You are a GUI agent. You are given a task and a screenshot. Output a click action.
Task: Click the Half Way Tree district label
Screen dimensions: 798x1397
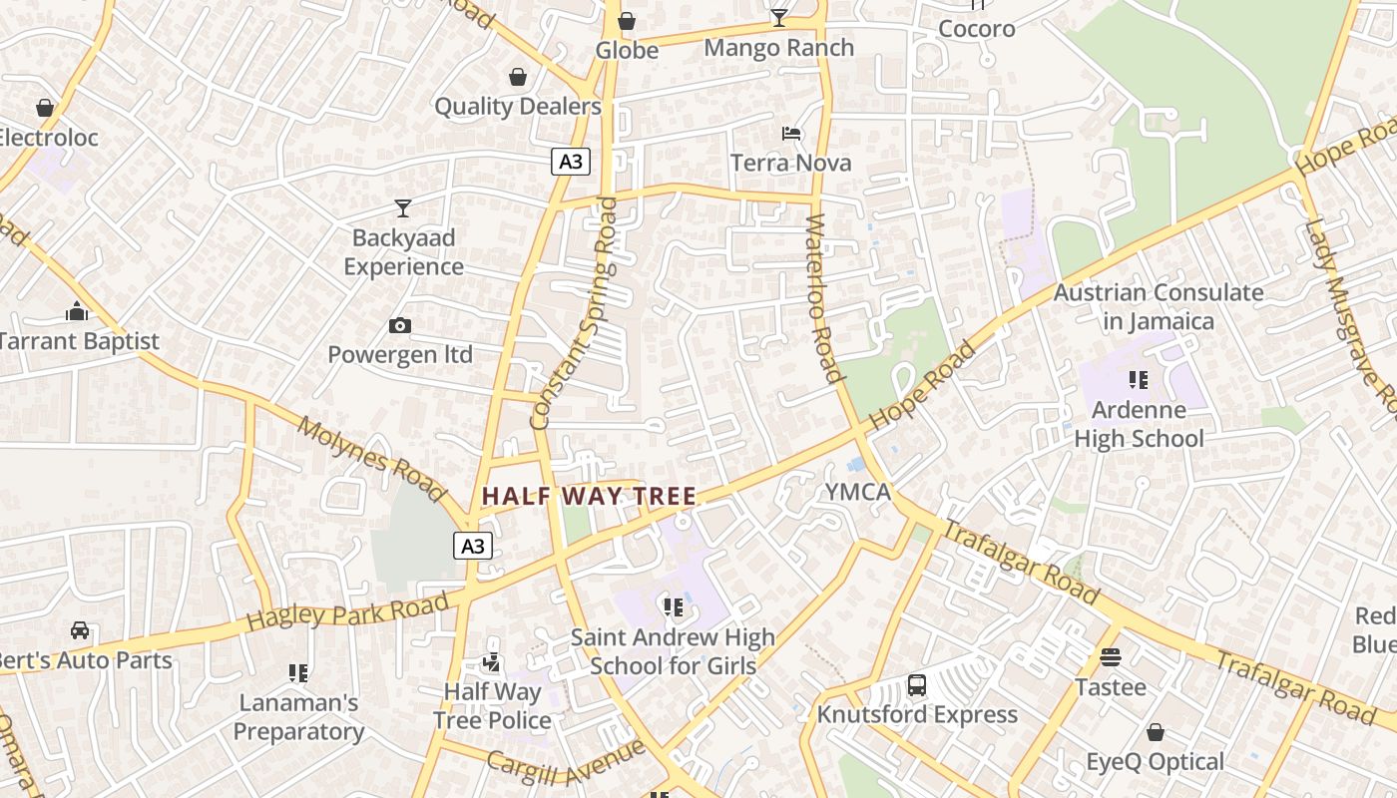tap(589, 496)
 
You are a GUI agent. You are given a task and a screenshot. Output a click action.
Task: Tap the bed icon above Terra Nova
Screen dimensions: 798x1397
tap(791, 133)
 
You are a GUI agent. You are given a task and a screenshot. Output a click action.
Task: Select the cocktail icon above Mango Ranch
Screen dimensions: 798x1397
tap(778, 18)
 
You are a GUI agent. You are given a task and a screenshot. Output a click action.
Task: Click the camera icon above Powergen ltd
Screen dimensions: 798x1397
tap(400, 325)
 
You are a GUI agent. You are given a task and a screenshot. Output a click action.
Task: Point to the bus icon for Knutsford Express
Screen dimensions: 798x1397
tap(916, 685)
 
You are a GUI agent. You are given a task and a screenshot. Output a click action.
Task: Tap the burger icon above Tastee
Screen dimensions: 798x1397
tap(1110, 657)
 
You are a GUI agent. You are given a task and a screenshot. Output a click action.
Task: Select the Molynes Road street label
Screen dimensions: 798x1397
tap(371, 459)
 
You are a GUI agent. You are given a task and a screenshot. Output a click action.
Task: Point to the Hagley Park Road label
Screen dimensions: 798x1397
tap(346, 609)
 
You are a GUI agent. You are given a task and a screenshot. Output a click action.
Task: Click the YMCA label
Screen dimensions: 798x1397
tap(857, 492)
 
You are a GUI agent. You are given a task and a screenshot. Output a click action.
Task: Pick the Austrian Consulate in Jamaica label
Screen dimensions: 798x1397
tap(1159, 306)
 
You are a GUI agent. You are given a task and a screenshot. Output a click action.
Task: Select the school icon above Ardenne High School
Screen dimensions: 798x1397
tap(1138, 380)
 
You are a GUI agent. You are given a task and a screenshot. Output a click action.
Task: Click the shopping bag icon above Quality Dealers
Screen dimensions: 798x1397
tap(518, 77)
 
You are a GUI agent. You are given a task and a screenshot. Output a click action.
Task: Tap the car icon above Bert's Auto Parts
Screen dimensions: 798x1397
tap(80, 630)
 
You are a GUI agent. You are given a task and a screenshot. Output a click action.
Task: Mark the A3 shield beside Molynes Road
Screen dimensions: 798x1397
tap(474, 546)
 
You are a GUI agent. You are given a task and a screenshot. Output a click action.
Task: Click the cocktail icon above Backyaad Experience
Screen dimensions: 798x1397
tap(403, 207)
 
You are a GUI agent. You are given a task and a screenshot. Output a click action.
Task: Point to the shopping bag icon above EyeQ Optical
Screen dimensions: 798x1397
tap(1155, 732)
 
